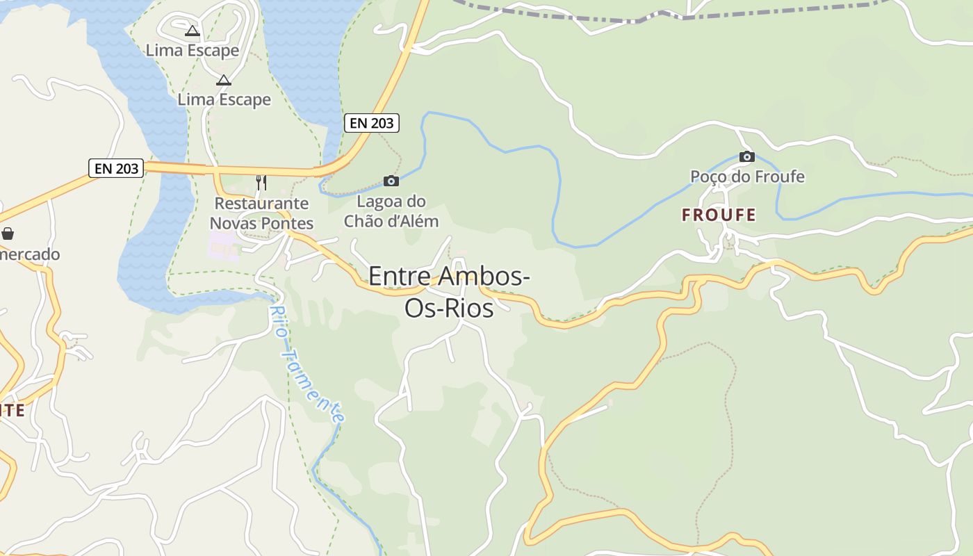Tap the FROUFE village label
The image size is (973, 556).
tap(719, 215)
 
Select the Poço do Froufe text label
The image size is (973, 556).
tap(747, 177)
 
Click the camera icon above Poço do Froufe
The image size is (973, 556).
tap(747, 156)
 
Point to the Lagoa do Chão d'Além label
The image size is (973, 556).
tap(392, 211)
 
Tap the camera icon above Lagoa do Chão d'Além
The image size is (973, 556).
tap(391, 181)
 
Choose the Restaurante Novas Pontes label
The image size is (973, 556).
tap(261, 213)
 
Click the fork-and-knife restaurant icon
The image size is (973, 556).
tap(261, 182)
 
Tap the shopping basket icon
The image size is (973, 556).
tap(8, 234)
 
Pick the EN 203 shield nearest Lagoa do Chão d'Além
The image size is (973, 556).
tap(372, 123)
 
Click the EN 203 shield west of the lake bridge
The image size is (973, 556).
tap(116, 168)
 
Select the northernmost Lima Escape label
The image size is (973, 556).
tap(193, 50)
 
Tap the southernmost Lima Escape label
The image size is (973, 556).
tap(224, 99)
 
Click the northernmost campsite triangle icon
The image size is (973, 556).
tap(193, 31)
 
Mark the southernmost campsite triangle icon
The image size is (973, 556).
tap(223, 80)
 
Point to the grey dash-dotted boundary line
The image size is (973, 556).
tap(764, 12)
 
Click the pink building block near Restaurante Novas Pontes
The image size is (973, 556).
tap(223, 245)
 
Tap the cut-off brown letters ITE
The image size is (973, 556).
tap(13, 410)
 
